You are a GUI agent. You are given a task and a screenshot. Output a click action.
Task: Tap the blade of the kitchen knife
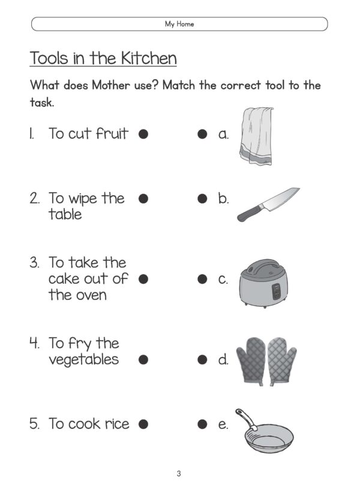pyautogui.click(x=279, y=199)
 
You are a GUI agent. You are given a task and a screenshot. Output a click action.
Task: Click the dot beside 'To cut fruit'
pyautogui.click(x=143, y=134)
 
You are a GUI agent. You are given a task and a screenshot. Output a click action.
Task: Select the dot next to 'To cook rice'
pyautogui.click(x=143, y=424)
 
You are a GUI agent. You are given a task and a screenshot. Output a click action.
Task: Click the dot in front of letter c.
pyautogui.click(x=203, y=279)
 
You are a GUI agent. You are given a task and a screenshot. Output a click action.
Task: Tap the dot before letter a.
pyautogui.click(x=203, y=134)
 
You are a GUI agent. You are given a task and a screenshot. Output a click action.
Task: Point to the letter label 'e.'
pyautogui.click(x=223, y=424)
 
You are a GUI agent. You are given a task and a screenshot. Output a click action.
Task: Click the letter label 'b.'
pyautogui.click(x=223, y=199)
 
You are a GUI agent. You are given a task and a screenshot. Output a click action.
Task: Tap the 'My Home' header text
pyautogui.click(x=179, y=24)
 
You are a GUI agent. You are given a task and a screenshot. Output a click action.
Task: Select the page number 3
pyautogui.click(x=179, y=474)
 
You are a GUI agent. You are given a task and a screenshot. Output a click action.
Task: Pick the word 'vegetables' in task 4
pyautogui.click(x=83, y=360)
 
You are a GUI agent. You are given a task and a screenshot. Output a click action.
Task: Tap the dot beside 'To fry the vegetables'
pyautogui.click(x=143, y=360)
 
